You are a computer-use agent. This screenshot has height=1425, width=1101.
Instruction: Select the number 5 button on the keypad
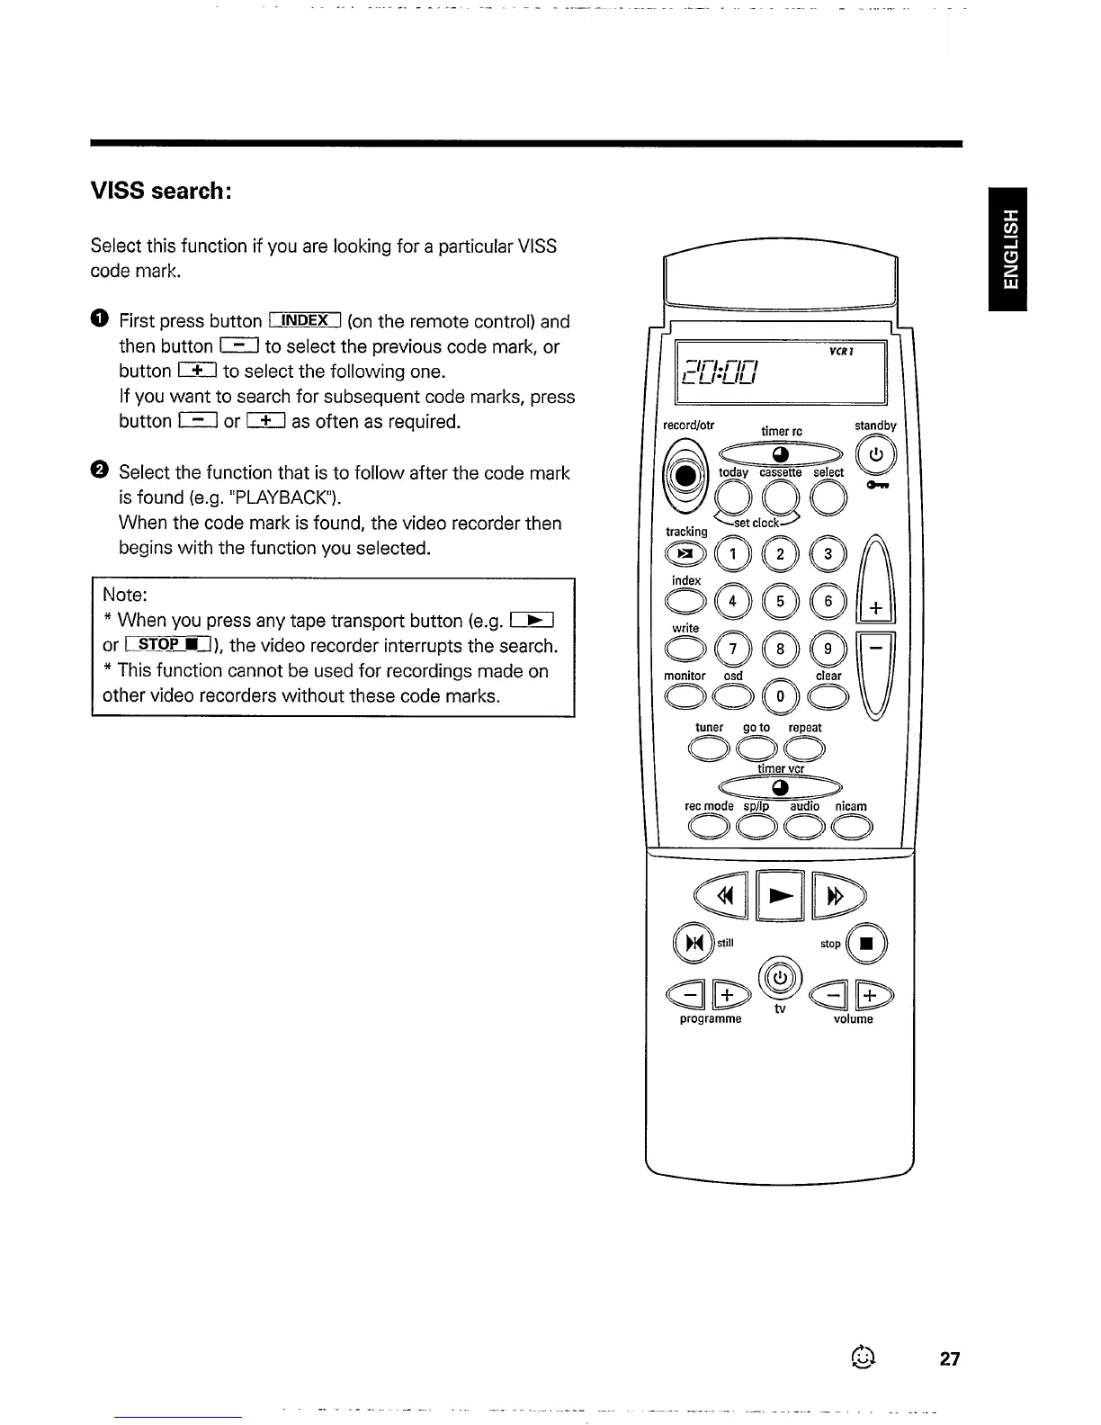[x=780, y=602]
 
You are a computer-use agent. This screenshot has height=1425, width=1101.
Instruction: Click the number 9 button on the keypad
[x=828, y=650]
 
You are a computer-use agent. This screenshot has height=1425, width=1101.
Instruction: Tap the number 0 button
[x=780, y=696]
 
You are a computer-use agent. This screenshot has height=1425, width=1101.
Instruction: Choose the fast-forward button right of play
[x=837, y=895]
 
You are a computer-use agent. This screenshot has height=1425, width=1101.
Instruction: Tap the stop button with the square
[x=867, y=945]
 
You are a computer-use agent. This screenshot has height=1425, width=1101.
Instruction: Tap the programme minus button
[x=689, y=996]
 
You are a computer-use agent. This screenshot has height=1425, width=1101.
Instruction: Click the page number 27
[x=950, y=1358]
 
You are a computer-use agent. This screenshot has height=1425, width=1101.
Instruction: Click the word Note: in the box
[x=125, y=595]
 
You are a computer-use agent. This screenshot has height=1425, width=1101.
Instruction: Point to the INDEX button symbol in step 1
[x=305, y=320]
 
